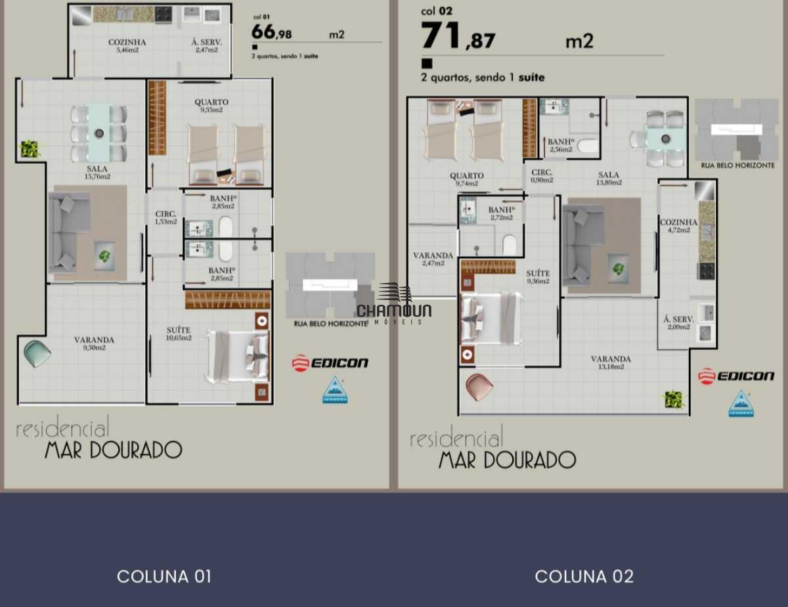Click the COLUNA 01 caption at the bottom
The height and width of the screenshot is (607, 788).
click(164, 577)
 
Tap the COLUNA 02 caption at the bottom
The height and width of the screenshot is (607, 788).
click(584, 577)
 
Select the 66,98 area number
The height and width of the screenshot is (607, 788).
click(272, 32)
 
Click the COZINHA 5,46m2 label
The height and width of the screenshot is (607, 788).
click(127, 45)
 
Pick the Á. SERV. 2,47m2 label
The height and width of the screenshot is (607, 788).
click(206, 45)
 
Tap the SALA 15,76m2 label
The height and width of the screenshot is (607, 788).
click(97, 172)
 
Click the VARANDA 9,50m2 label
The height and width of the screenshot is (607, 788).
click(94, 343)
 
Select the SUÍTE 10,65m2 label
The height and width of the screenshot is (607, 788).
click(178, 333)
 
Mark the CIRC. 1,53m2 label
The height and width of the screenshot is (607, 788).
click(165, 217)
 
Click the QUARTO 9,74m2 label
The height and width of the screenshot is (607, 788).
click(467, 179)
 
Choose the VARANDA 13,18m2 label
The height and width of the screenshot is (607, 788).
click(610, 363)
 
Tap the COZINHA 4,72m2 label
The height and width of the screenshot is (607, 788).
click(678, 226)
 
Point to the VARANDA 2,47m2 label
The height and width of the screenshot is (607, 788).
click(433, 259)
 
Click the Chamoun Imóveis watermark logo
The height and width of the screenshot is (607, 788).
click(394, 305)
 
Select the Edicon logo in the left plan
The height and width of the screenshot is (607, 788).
click(330, 363)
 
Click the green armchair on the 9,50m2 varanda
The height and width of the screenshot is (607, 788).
click(37, 353)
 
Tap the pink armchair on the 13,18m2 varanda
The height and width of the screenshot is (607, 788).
click(479, 386)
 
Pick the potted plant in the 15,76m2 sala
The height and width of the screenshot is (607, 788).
click(30, 149)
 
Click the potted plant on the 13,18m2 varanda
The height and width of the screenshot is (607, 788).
click(673, 399)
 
